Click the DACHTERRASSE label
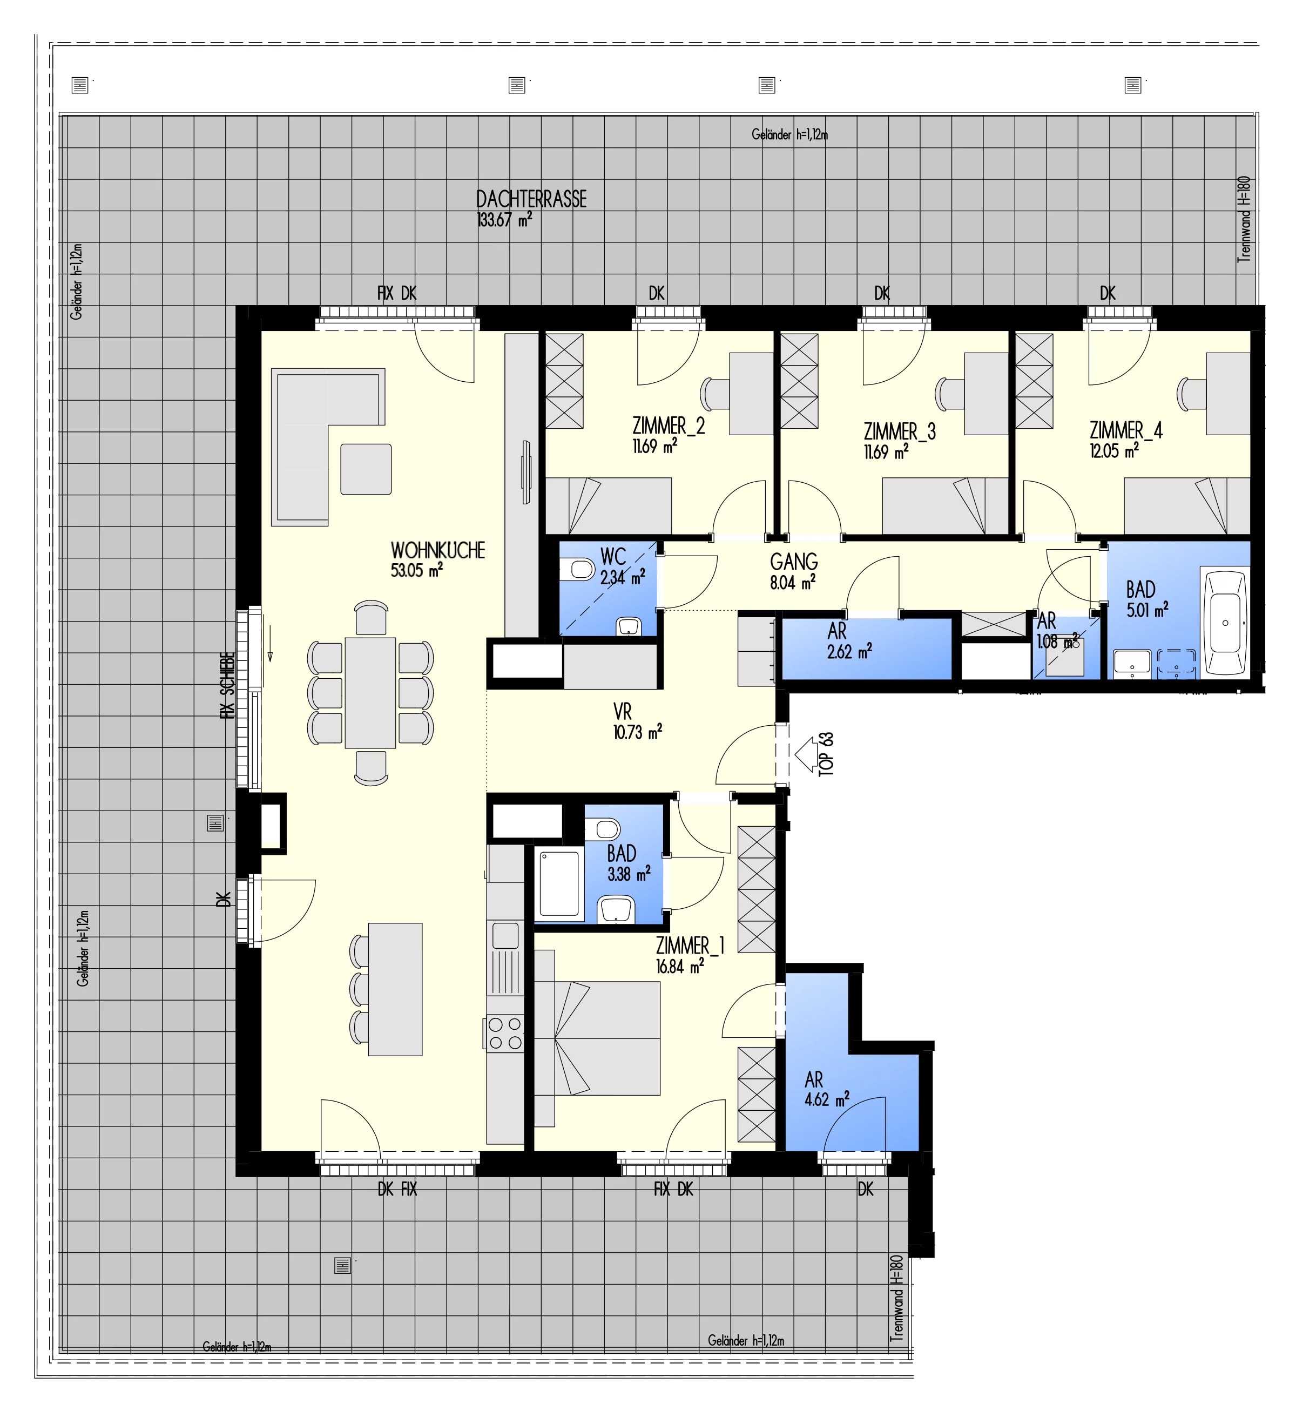pos(531,199)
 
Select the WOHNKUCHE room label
pos(437,551)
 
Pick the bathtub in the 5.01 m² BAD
pos(1226,624)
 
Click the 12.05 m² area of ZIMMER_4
pos(1115,451)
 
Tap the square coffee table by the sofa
pos(366,469)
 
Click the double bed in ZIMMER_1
pos(597,1037)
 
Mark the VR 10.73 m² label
pos(637,722)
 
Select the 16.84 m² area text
pos(680,967)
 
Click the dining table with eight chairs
pos(370,692)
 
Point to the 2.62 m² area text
pos(850,652)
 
